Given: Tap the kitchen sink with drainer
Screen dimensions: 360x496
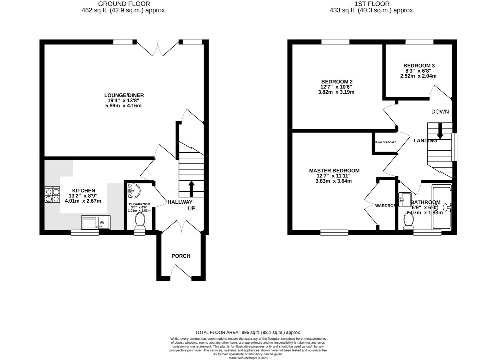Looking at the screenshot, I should (x=96, y=222).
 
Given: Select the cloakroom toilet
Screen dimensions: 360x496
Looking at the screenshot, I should (x=140, y=221).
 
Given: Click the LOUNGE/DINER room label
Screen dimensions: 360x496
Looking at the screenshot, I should (x=124, y=95).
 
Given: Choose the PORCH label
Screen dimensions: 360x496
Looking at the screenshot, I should (x=181, y=256).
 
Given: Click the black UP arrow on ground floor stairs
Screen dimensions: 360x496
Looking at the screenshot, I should (x=192, y=188).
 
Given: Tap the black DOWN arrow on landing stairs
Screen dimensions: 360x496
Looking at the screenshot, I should (x=440, y=131).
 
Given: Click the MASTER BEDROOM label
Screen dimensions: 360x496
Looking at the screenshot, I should (x=334, y=171).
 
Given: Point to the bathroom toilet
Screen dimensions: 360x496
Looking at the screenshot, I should (x=408, y=221).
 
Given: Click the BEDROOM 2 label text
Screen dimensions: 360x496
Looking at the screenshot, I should (x=337, y=82).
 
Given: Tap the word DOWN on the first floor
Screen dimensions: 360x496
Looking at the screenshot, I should (x=440, y=112).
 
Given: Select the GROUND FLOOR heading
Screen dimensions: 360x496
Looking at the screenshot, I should (x=124, y=4).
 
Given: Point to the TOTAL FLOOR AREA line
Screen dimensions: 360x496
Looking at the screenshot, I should (x=248, y=332).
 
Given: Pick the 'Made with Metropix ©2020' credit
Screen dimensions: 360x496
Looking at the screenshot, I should (x=248, y=358).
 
